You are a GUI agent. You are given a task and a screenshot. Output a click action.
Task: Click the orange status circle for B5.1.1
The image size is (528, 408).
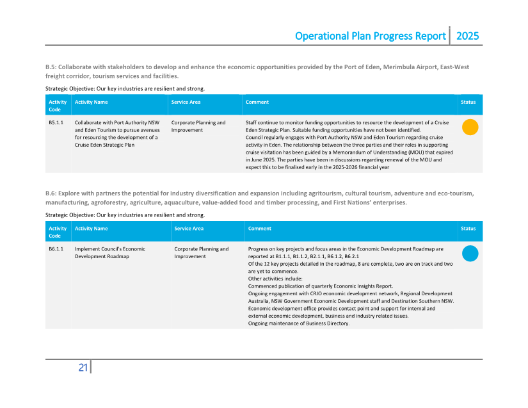(470, 127)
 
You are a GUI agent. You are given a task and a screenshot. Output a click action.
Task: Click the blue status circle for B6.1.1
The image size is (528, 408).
(470, 254)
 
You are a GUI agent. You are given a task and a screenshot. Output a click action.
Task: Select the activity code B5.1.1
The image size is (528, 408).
(56, 122)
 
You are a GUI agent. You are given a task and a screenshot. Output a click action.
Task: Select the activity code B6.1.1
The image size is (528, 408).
(56, 249)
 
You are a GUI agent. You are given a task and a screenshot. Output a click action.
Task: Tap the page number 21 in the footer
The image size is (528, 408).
(83, 368)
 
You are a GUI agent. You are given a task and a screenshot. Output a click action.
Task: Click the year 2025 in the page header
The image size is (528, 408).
(467, 36)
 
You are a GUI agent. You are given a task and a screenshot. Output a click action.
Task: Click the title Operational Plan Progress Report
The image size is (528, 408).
(370, 36)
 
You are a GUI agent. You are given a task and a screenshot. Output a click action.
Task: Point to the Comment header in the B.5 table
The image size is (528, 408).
(257, 102)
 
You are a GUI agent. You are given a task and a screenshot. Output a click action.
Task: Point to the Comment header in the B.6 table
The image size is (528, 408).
(260, 228)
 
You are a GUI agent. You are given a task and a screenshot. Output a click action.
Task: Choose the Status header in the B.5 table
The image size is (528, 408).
(468, 102)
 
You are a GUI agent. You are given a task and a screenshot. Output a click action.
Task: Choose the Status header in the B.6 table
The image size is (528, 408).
(468, 228)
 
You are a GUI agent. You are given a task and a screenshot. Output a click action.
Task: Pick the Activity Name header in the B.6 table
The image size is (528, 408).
(92, 228)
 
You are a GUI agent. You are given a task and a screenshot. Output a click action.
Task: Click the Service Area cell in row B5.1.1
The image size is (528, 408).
(198, 126)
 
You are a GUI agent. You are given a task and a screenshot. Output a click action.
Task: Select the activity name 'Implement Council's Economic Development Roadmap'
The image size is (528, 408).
(110, 252)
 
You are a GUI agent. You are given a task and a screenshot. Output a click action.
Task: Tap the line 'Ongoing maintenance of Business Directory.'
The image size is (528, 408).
(298, 323)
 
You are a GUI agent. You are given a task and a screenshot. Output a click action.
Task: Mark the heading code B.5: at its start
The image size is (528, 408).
(51, 67)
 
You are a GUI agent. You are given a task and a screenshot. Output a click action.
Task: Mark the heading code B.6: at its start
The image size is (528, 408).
(51, 193)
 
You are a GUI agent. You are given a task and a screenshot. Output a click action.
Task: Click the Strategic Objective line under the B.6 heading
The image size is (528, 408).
(125, 215)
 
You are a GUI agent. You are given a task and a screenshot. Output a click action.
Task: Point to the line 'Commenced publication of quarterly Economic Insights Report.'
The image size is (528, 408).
(320, 286)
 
